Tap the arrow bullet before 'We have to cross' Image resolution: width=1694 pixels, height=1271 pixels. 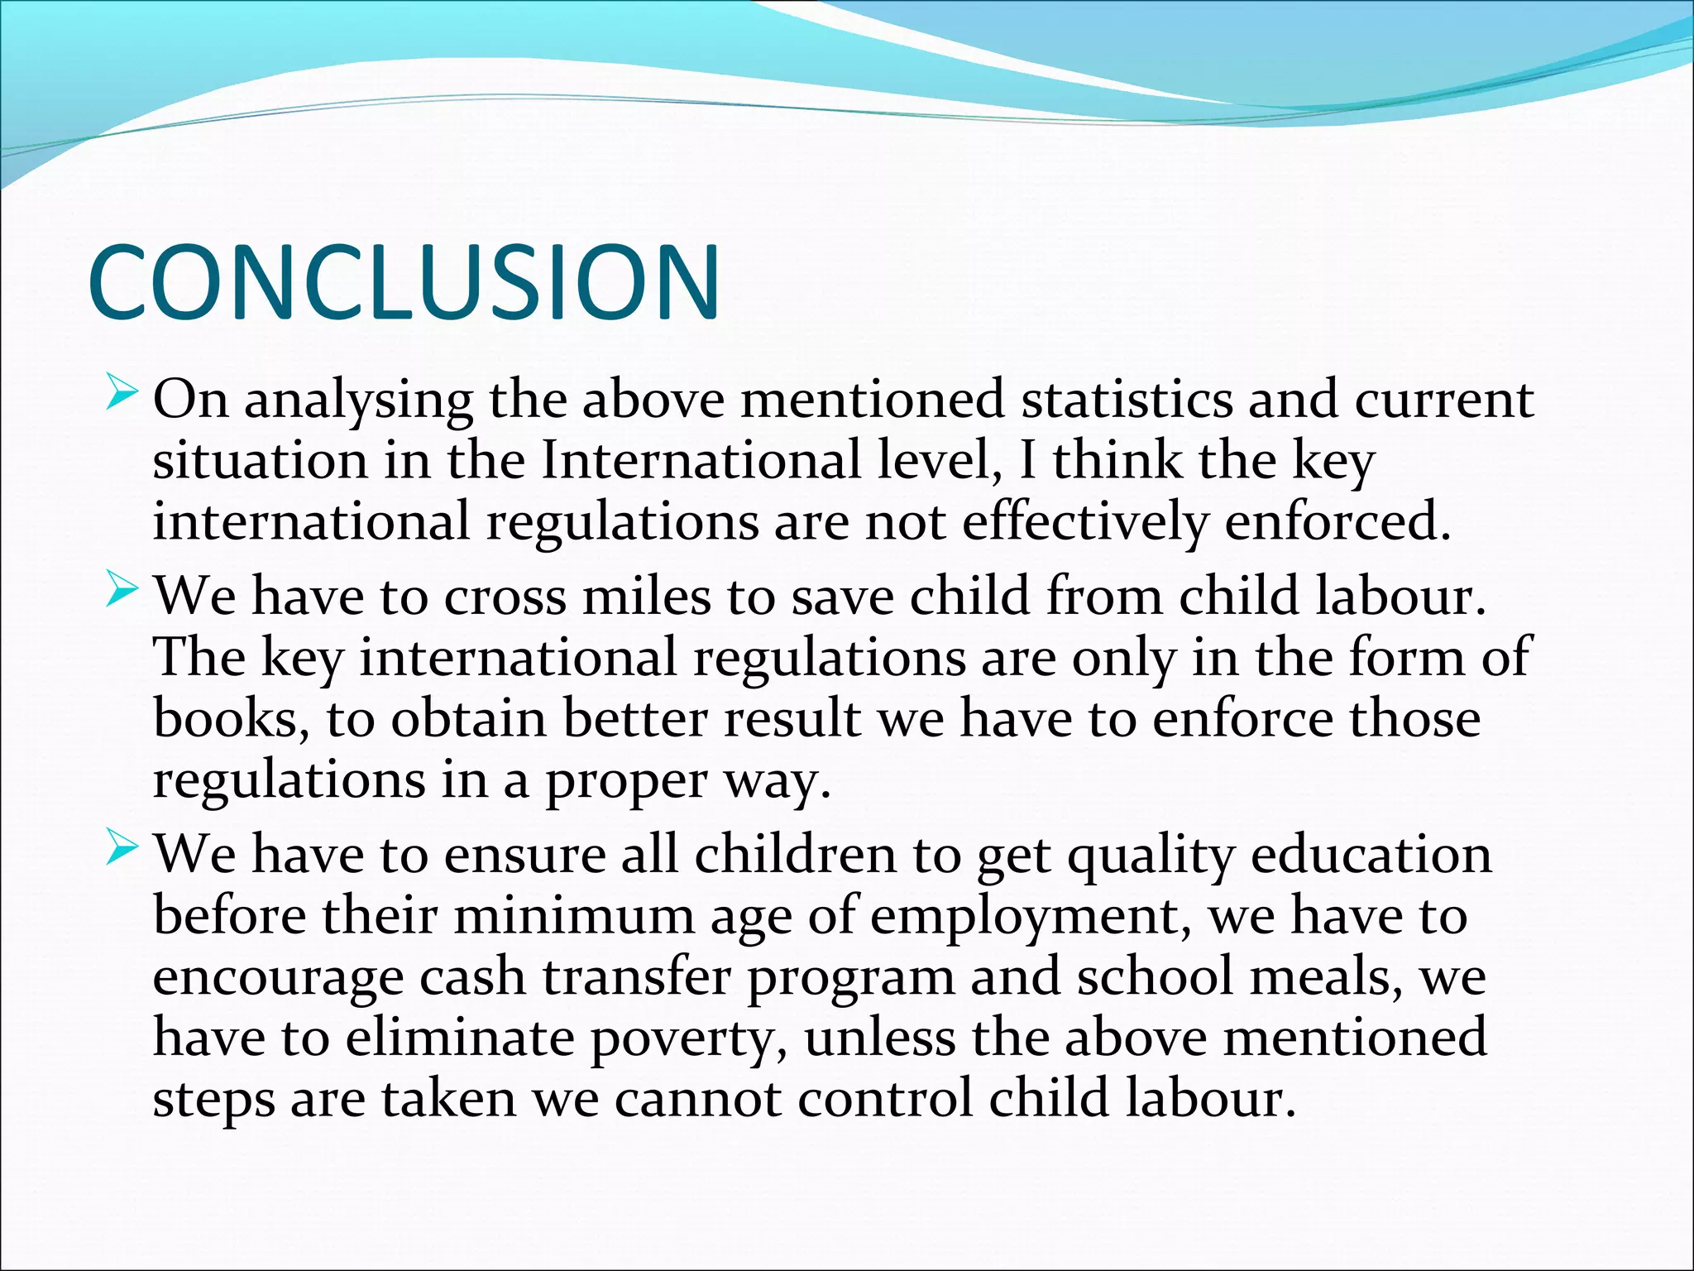122,592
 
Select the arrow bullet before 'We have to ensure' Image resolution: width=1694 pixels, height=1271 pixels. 122,850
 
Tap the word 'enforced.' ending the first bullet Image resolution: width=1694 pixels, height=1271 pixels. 1337,522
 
